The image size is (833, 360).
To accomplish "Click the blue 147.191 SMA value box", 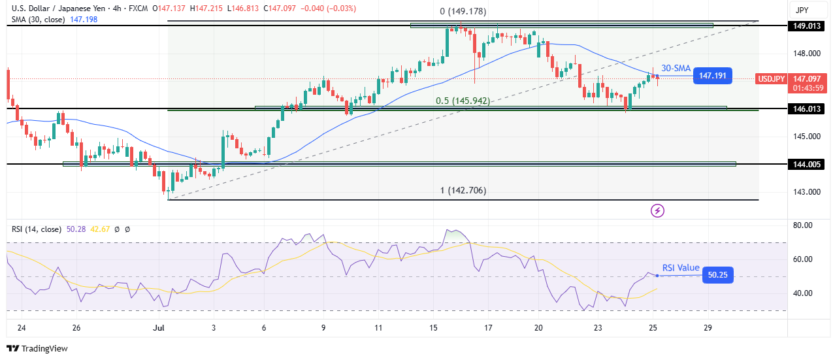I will click(x=712, y=76).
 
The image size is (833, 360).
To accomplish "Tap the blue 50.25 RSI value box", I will click(x=718, y=276).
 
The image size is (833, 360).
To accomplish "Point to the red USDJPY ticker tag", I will click(x=771, y=79).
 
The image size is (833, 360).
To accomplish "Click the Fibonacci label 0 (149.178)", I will click(x=463, y=12).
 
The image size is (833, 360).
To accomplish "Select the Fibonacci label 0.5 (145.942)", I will click(x=463, y=101).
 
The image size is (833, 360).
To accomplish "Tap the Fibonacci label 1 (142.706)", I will click(x=463, y=191).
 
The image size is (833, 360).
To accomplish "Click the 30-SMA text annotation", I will click(x=676, y=68).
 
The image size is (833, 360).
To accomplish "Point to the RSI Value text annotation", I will click(x=681, y=268).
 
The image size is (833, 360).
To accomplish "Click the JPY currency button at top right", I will click(x=803, y=10).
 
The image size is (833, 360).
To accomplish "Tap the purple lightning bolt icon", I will click(x=658, y=210).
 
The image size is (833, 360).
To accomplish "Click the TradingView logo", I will click(x=37, y=349).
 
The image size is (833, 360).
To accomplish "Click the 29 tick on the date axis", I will click(x=708, y=327).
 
